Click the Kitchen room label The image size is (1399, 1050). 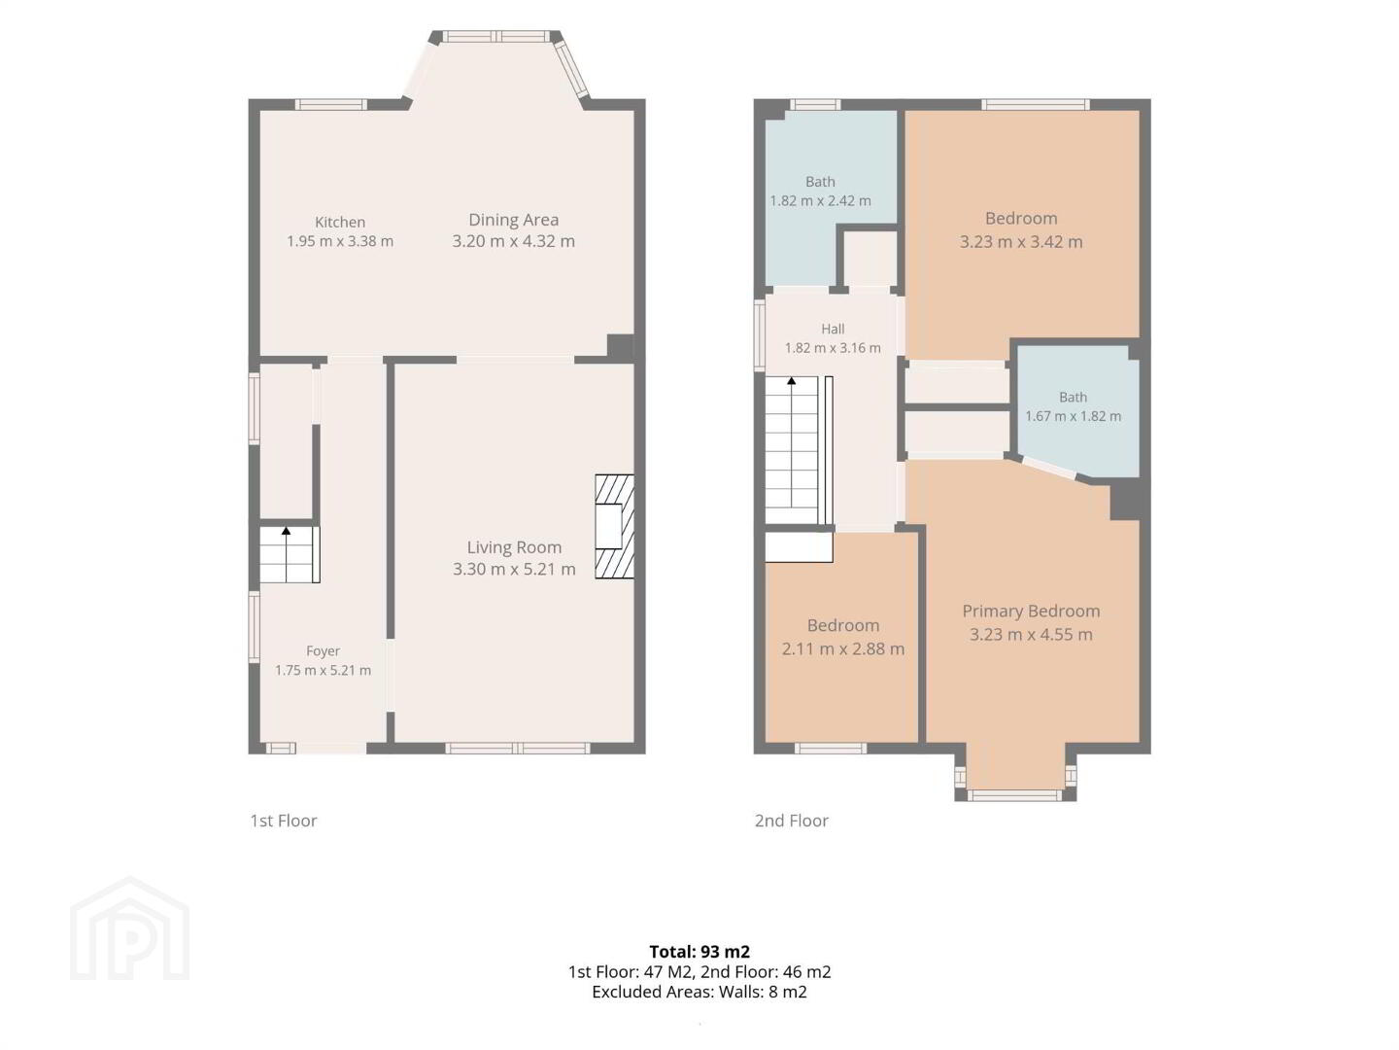click(340, 222)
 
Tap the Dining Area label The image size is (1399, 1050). click(513, 220)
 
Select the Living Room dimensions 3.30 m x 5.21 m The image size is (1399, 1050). click(514, 569)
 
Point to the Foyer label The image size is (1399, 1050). click(323, 651)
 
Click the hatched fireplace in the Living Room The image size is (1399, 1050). click(614, 527)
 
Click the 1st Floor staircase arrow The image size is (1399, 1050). click(287, 554)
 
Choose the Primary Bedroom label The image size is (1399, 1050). click(1031, 612)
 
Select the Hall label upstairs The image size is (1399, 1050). click(833, 329)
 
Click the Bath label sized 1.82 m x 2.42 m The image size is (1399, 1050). click(820, 182)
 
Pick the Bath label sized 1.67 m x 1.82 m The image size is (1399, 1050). click(1073, 398)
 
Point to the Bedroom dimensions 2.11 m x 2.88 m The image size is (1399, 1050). click(842, 649)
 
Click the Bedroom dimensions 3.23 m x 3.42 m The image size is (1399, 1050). click(1021, 242)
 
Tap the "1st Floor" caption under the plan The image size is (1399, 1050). click(284, 821)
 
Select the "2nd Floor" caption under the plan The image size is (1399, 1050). click(792, 821)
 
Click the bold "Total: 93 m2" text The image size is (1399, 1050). click(699, 952)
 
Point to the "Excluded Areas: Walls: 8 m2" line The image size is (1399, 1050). click(699, 992)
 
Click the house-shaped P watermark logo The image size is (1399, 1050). click(129, 929)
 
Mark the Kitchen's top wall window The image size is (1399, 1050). click(330, 105)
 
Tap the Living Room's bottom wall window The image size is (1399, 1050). click(518, 748)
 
